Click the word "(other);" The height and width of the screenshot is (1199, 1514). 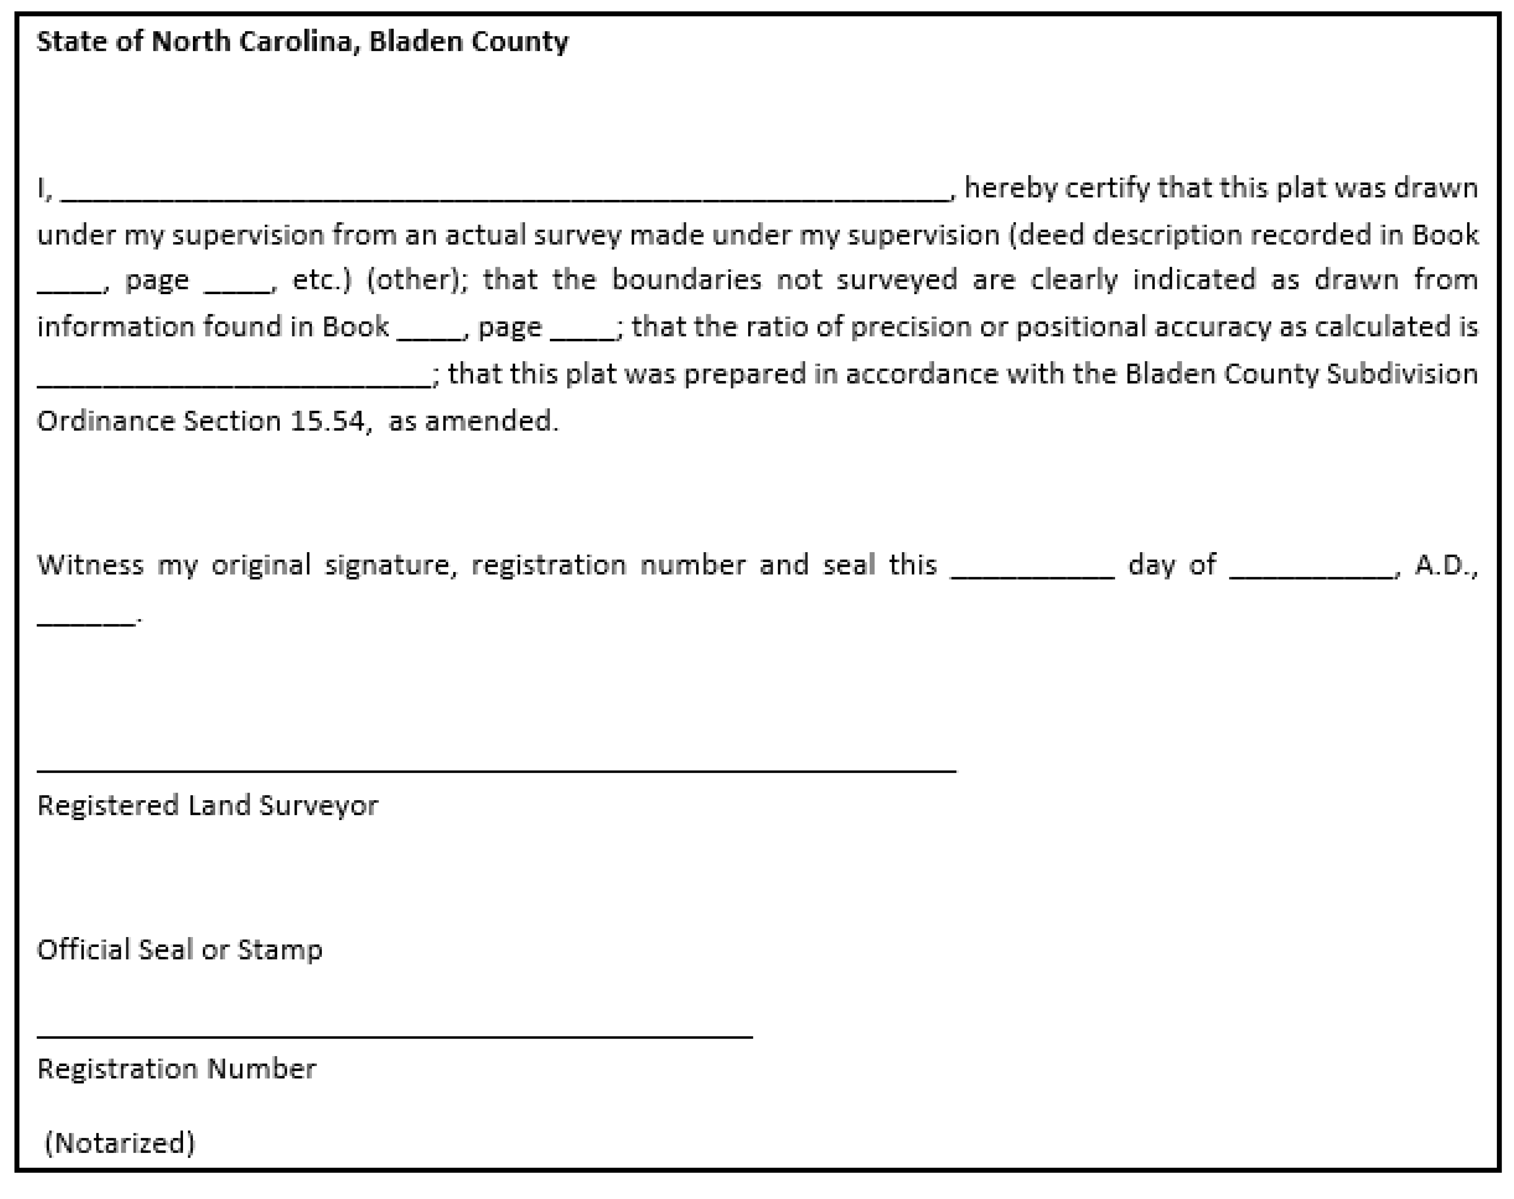click(x=417, y=280)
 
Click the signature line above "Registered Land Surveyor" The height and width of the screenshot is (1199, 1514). click(x=496, y=771)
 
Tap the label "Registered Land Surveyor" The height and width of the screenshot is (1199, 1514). click(x=208, y=805)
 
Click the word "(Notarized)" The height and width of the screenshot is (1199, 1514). click(x=119, y=1143)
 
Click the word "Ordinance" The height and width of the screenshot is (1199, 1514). click(x=105, y=421)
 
